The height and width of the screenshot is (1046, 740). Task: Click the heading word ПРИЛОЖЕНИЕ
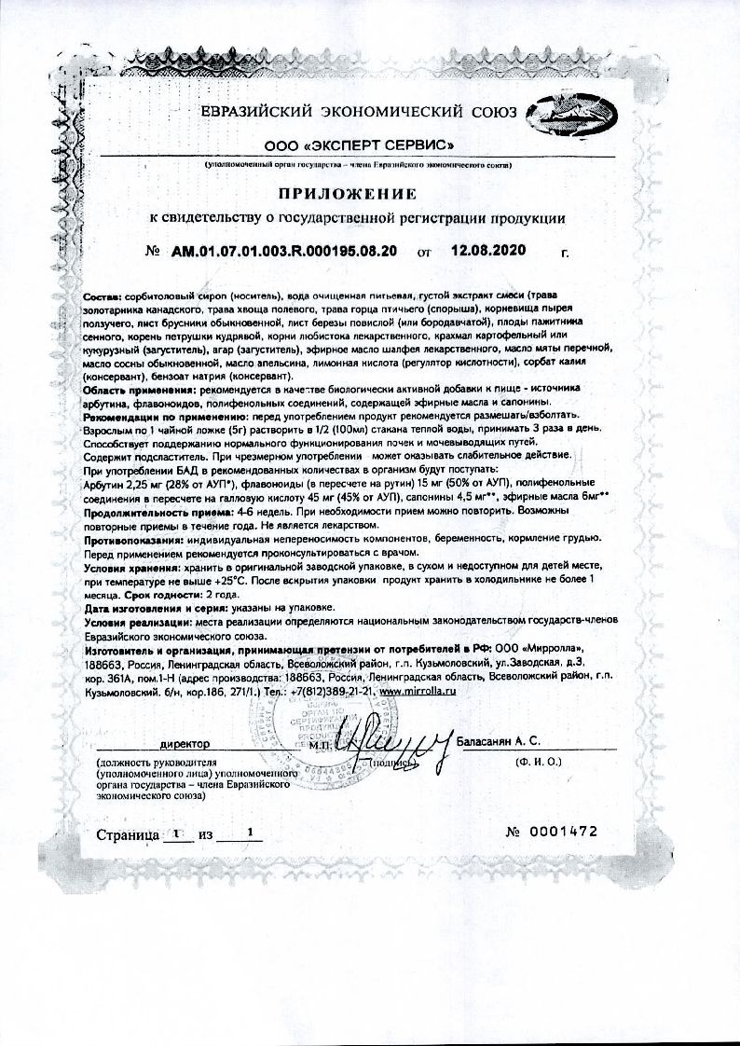344,194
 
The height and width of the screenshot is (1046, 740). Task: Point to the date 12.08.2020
487,251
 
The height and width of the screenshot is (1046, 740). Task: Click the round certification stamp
308,736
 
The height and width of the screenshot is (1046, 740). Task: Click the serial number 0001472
562,832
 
